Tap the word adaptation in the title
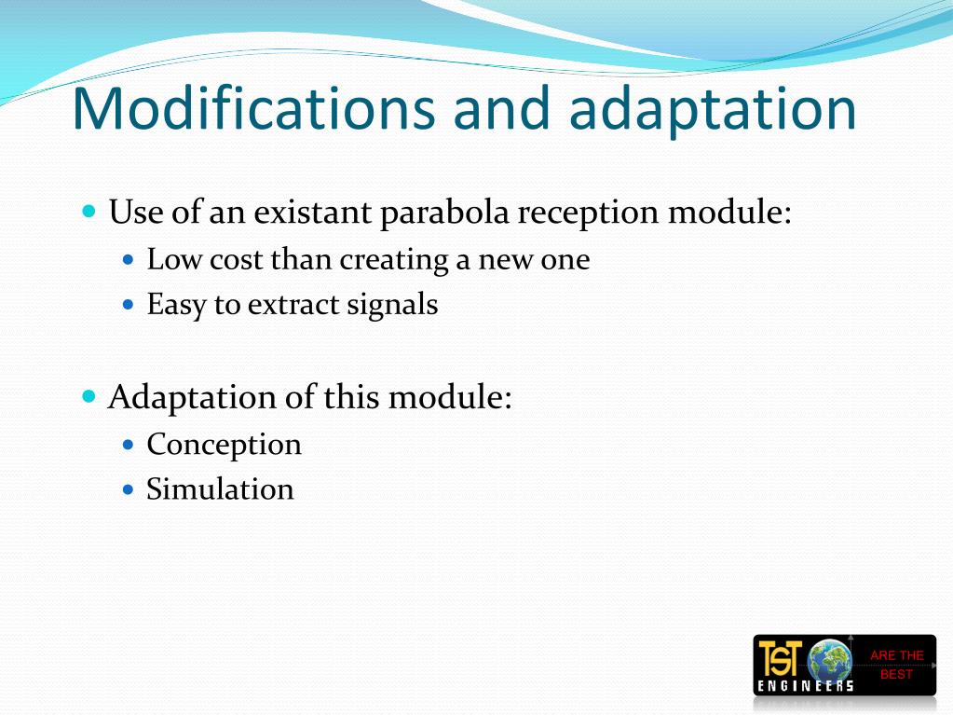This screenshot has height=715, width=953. (712, 109)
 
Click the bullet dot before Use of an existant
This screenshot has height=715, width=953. (89, 212)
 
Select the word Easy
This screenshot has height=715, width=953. (177, 305)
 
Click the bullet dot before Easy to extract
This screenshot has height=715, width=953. (129, 305)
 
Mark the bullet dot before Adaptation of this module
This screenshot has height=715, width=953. (89, 396)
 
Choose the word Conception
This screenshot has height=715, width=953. (224, 445)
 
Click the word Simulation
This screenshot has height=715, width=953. (220, 489)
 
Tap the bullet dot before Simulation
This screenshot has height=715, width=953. (129, 489)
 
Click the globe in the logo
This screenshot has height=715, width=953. (829, 661)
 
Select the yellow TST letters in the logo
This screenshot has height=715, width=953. (780, 658)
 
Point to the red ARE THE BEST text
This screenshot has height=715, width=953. (896, 665)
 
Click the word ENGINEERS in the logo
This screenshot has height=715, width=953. (805, 687)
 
